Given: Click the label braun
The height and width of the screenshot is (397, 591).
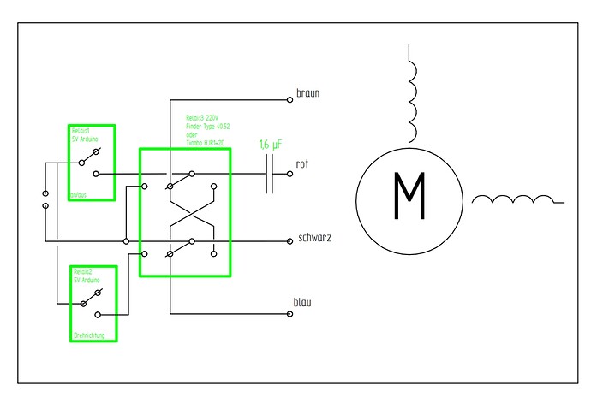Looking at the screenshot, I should click(x=308, y=93).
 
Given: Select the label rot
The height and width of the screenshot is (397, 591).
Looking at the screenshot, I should click(x=302, y=163).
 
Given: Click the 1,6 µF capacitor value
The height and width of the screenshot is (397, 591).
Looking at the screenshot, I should click(x=272, y=145).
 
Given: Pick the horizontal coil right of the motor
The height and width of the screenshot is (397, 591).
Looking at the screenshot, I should click(x=515, y=200).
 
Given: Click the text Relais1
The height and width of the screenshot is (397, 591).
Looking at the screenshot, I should click(x=81, y=130).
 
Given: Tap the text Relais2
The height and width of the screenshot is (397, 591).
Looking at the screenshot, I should click(x=81, y=271).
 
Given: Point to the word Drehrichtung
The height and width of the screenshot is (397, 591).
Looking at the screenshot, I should click(x=88, y=335).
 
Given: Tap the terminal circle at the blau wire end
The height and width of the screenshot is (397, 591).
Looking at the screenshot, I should click(x=290, y=314).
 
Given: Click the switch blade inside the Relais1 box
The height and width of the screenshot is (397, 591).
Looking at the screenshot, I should click(x=92, y=156).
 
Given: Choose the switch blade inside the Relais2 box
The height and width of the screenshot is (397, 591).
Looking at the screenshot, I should click(x=92, y=298).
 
